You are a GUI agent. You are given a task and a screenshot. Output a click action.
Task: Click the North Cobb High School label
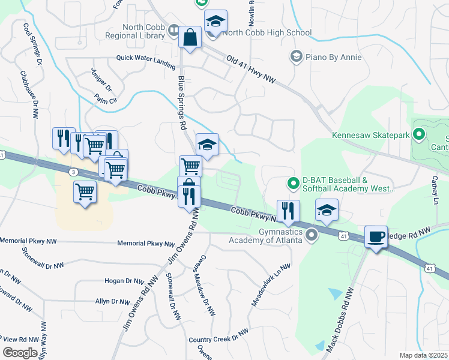pyautogui.click(x=267, y=32)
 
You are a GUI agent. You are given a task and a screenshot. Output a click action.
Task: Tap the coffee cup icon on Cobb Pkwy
pyautogui.click(x=376, y=237)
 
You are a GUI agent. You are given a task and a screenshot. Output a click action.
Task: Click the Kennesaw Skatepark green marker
pyautogui.click(x=418, y=135)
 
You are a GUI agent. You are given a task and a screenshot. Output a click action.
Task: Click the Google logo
pyautogui.click(x=20, y=353)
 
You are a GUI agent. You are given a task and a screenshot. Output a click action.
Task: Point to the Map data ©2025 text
pyautogui.click(x=423, y=355)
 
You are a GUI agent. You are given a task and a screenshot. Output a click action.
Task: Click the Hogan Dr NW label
pyautogui.click(x=124, y=281)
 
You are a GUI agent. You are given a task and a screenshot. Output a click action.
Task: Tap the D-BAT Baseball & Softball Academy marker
pyautogui.click(x=294, y=183)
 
